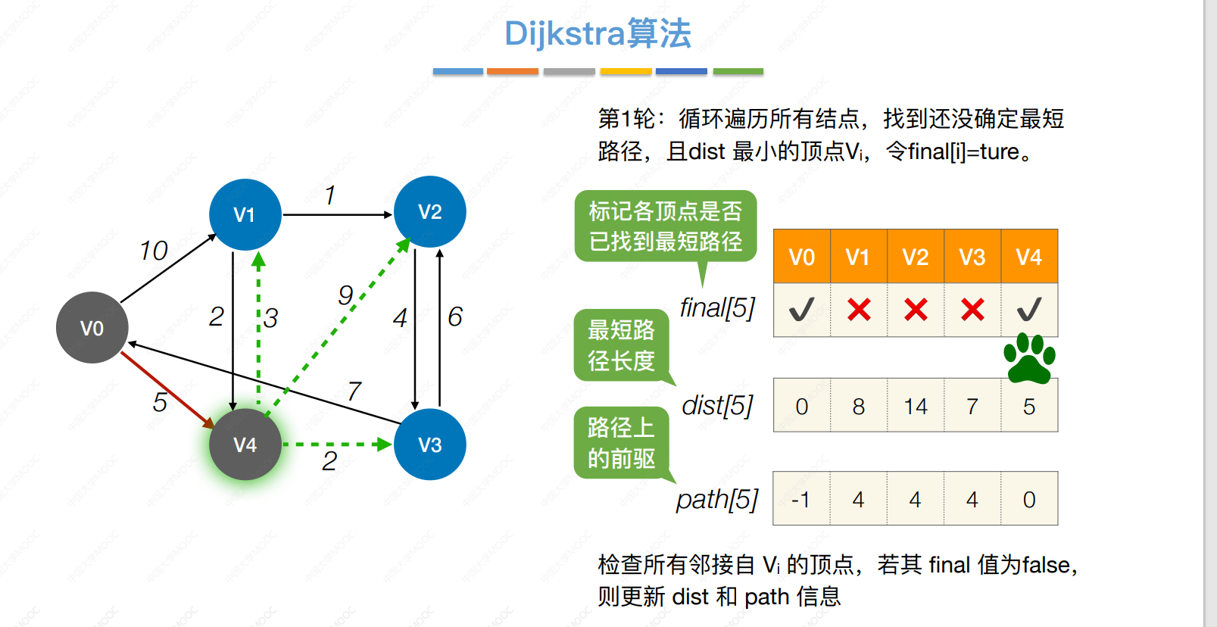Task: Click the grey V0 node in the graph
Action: click(92, 328)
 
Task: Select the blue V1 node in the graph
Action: click(245, 214)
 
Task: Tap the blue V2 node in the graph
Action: click(429, 211)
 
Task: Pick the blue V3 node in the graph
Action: click(429, 445)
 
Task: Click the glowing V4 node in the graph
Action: click(245, 445)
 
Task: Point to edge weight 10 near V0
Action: click(154, 251)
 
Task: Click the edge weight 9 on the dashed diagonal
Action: click(345, 295)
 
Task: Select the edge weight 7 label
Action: click(354, 391)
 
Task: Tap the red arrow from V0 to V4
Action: click(167, 390)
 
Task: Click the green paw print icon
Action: click(1029, 359)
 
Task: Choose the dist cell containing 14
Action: click(916, 406)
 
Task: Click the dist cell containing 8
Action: click(859, 406)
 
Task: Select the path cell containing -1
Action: click(801, 499)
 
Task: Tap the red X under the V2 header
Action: click(916, 310)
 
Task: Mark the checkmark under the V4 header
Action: click(1029, 309)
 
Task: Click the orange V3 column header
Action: click(972, 257)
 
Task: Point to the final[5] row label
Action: click(717, 308)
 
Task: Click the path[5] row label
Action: click(716, 499)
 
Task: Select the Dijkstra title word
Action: click(565, 33)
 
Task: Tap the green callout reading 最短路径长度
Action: click(622, 345)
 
